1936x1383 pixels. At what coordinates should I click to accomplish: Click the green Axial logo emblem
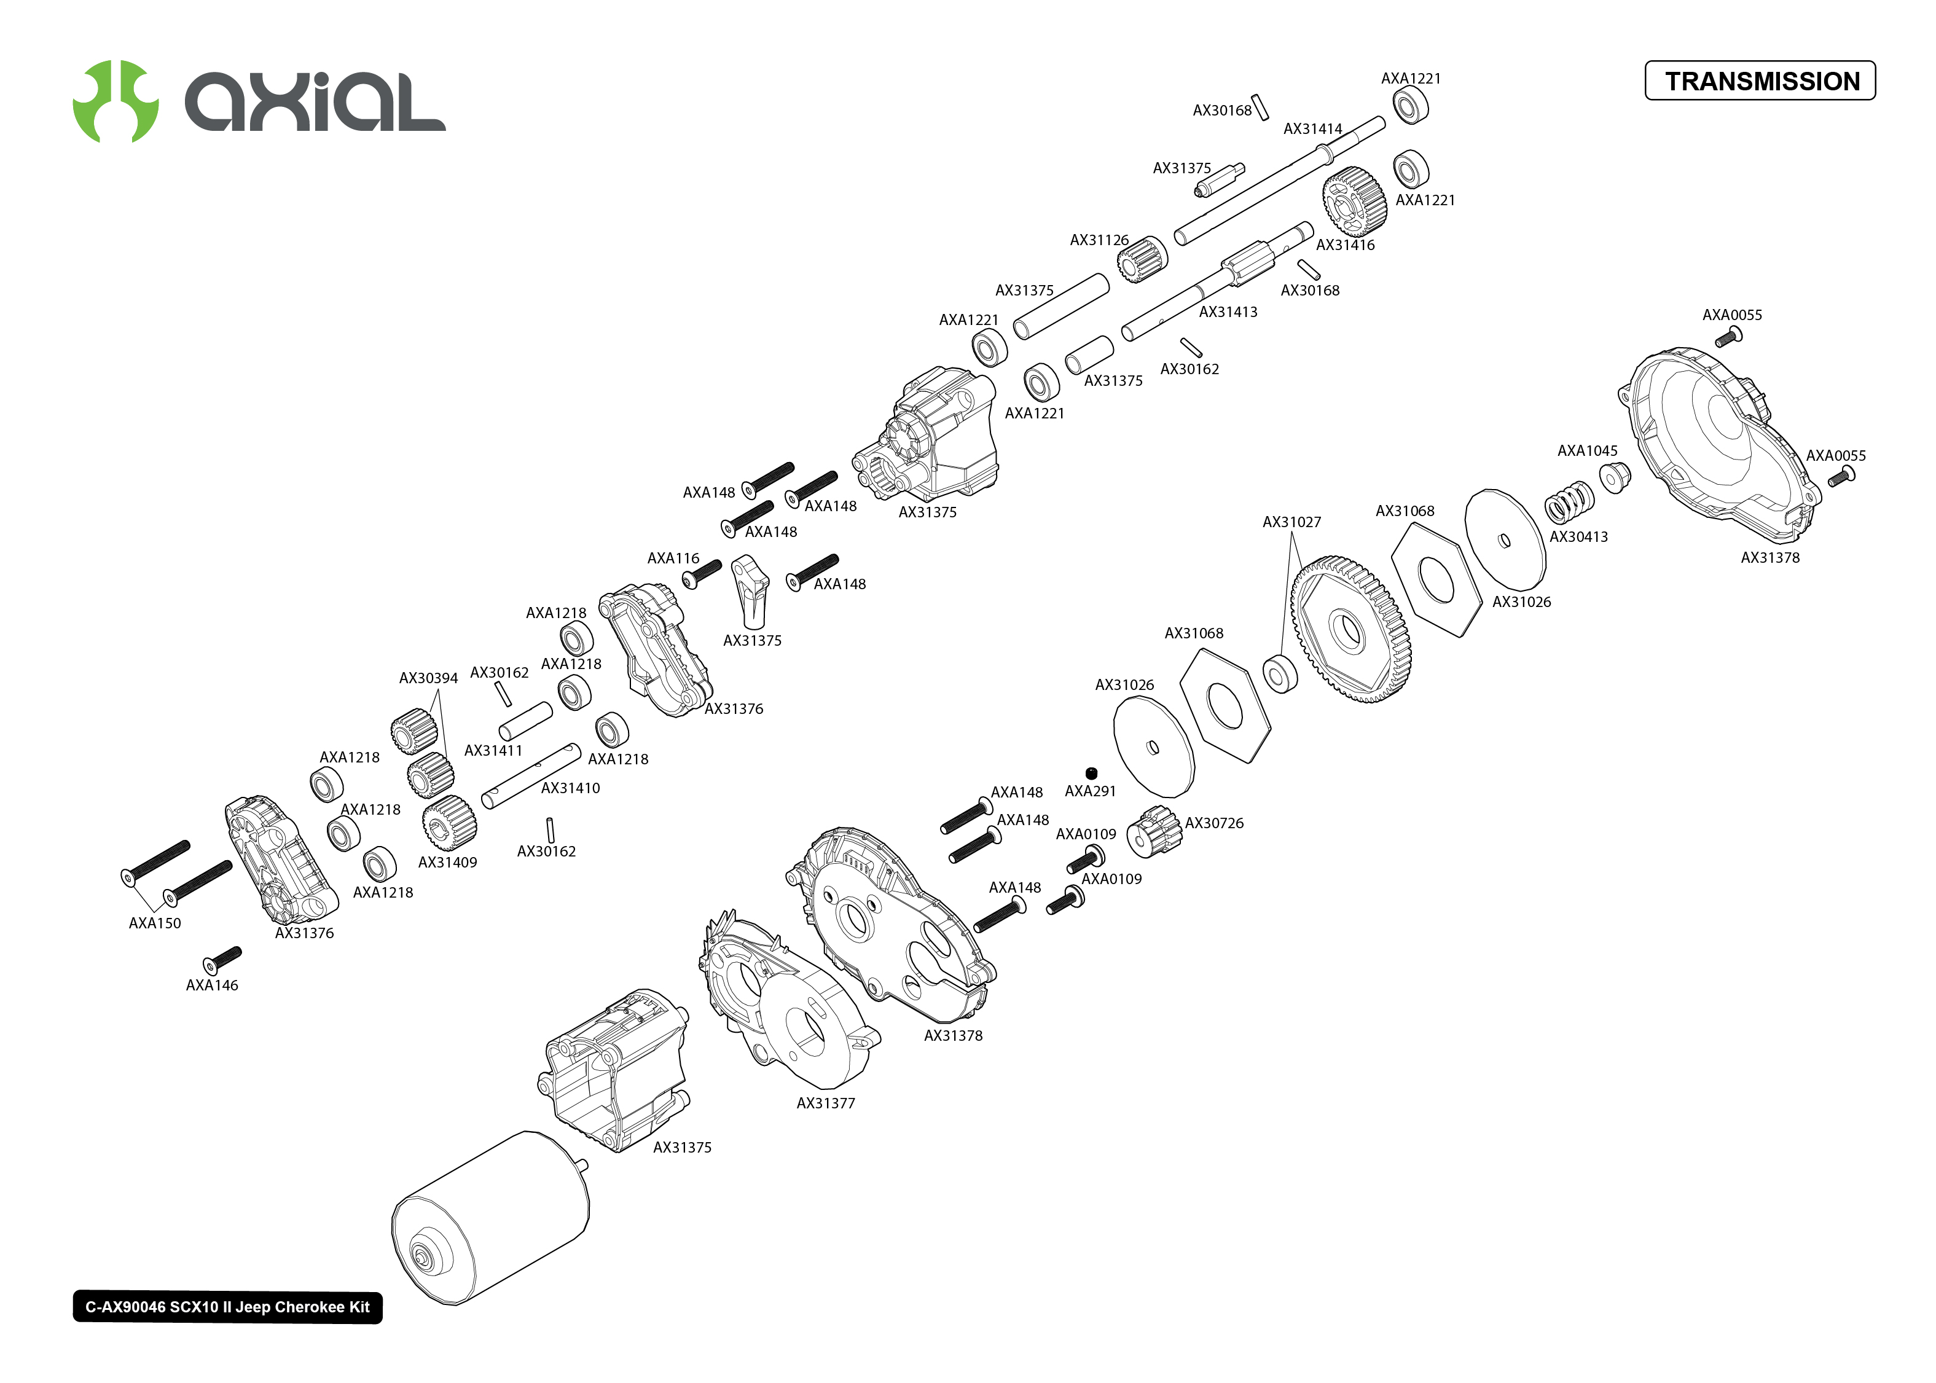[x=116, y=101]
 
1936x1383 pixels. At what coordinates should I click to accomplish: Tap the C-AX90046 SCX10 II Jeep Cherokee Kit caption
[x=227, y=1307]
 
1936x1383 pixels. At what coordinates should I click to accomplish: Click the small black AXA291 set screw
[x=1091, y=774]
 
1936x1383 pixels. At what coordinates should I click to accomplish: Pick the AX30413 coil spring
[x=1568, y=503]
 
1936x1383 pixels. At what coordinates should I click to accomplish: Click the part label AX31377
[x=825, y=1103]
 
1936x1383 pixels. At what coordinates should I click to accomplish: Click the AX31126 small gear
[x=1141, y=259]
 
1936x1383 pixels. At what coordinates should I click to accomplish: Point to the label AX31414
[x=1312, y=128]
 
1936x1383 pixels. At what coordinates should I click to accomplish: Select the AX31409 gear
[x=449, y=822]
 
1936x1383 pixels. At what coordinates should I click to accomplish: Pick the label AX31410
[x=570, y=788]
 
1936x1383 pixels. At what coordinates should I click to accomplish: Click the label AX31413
[x=1228, y=311]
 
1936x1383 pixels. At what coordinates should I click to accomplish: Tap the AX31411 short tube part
[x=525, y=721]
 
